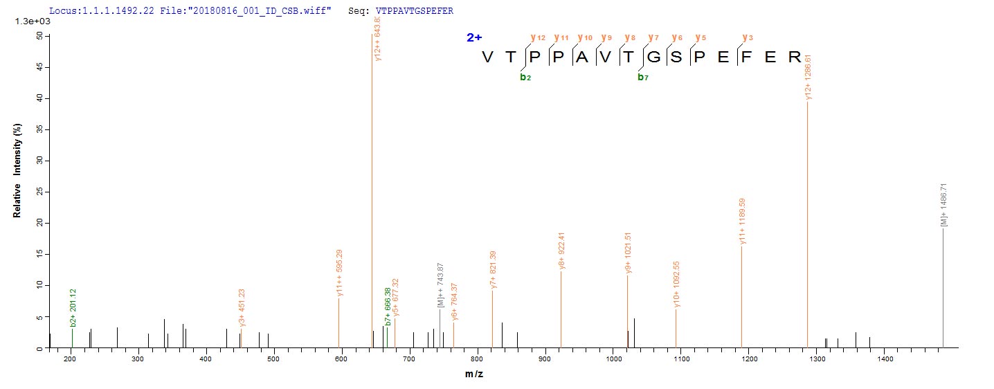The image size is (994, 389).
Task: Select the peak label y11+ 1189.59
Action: [742, 221]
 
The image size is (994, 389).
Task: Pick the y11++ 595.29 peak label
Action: [339, 271]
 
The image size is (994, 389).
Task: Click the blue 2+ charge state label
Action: [474, 38]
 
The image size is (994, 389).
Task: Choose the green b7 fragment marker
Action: [642, 77]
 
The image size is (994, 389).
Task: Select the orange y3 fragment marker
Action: [745, 37]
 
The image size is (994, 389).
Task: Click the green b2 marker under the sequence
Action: [525, 77]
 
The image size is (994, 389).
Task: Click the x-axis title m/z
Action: [475, 374]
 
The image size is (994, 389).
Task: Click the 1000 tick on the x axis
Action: [613, 359]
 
